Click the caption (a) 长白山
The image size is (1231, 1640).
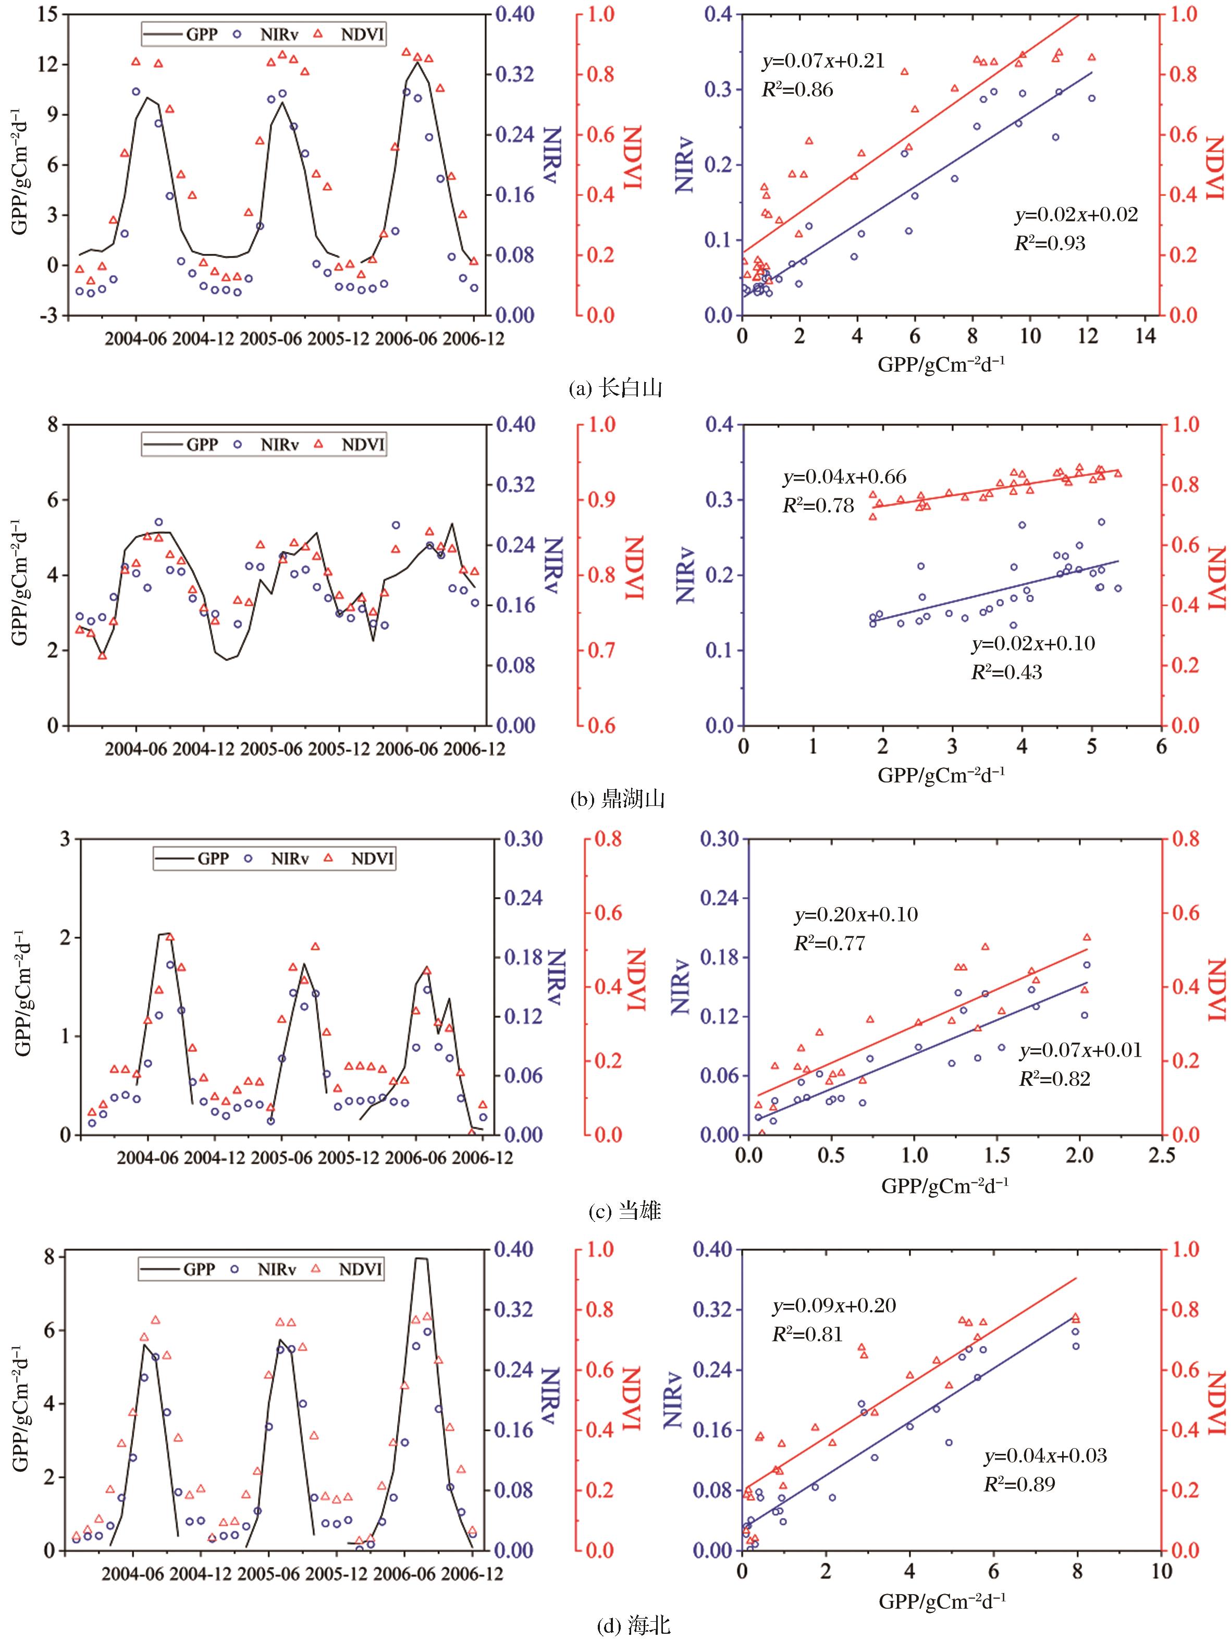[614, 388]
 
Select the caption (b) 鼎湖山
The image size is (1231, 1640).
[614, 799]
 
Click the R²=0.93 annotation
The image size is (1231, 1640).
[1050, 242]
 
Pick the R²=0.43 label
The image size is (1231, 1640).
[1006, 672]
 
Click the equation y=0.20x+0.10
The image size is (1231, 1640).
[856, 915]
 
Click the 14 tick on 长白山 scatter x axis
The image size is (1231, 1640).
[1146, 337]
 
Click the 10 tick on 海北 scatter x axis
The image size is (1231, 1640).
[1161, 1570]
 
